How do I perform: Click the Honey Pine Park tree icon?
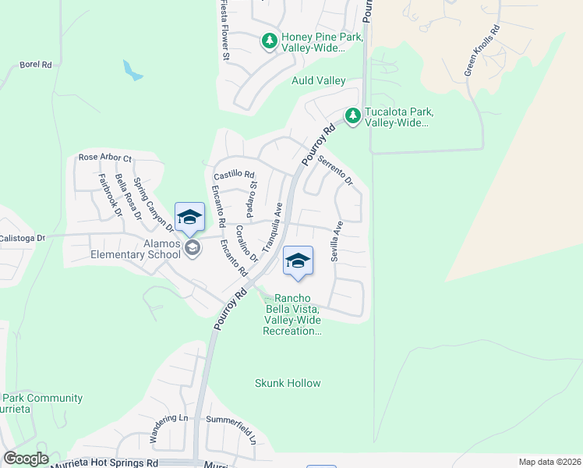pyautogui.click(x=270, y=40)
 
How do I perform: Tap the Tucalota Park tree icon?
pyautogui.click(x=353, y=115)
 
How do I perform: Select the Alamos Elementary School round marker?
pyautogui.click(x=193, y=249)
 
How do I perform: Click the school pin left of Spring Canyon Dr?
pyautogui.click(x=189, y=218)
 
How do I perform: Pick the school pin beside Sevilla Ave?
pyautogui.click(x=297, y=261)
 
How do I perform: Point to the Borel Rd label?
pyautogui.click(x=36, y=65)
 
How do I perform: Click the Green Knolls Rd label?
pyautogui.click(x=482, y=54)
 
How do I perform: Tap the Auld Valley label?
pyautogui.click(x=318, y=80)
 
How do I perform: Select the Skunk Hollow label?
pyautogui.click(x=288, y=383)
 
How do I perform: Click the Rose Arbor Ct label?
pyautogui.click(x=105, y=158)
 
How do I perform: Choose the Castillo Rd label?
pyautogui.click(x=235, y=175)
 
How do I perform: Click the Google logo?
pyautogui.click(x=26, y=459)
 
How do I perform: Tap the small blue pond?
pyautogui.click(x=132, y=70)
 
